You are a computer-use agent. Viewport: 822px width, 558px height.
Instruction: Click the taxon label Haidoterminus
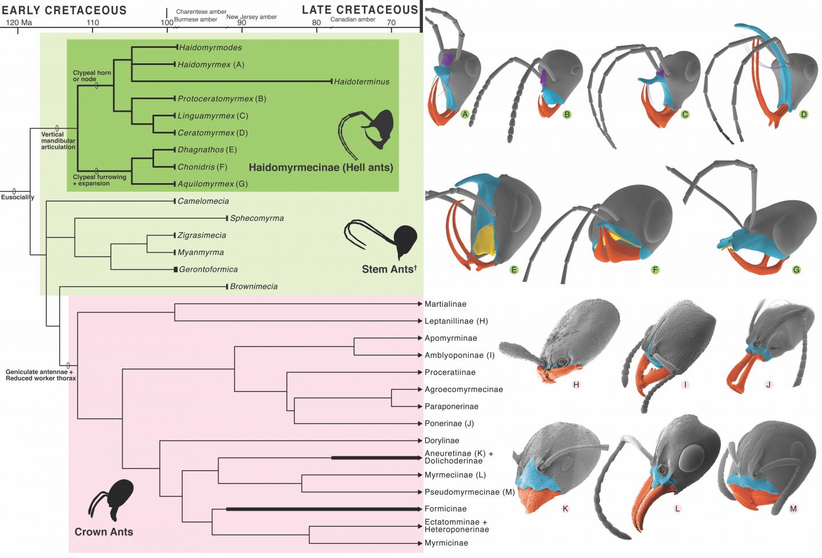(361, 82)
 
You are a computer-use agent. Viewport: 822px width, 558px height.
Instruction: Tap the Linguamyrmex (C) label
(212, 116)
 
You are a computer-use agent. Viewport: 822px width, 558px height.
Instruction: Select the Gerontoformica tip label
(208, 269)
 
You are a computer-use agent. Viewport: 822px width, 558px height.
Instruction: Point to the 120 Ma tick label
(19, 23)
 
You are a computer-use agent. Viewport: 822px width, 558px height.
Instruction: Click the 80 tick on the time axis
(317, 23)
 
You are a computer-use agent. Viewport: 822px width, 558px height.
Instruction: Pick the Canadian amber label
(353, 19)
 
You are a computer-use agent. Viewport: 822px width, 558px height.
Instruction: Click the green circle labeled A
(465, 114)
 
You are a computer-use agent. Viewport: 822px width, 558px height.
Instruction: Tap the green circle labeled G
(796, 269)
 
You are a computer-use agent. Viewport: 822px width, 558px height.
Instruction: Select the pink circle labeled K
(565, 508)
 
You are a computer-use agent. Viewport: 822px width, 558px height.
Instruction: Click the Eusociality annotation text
(18, 197)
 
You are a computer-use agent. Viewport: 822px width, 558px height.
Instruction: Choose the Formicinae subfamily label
(445, 509)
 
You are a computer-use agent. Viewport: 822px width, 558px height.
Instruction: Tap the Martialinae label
(445, 304)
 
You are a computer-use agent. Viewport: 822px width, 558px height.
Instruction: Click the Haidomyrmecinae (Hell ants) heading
(321, 168)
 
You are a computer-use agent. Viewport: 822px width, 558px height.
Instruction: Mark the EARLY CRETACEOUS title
(64, 10)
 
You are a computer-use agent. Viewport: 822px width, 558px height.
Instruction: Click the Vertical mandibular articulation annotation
(58, 141)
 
